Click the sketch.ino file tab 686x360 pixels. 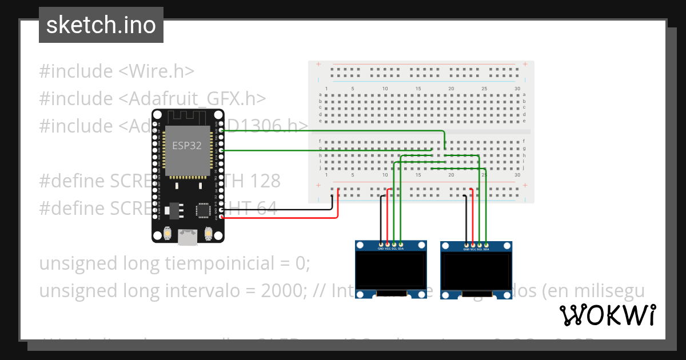point(101,25)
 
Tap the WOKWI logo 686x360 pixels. point(607,315)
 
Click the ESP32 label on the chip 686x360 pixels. point(187,146)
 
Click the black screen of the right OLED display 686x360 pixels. point(476,272)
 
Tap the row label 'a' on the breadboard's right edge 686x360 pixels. point(525,94)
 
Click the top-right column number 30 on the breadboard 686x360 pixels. point(517,89)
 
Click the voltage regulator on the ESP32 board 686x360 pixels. point(173,210)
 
